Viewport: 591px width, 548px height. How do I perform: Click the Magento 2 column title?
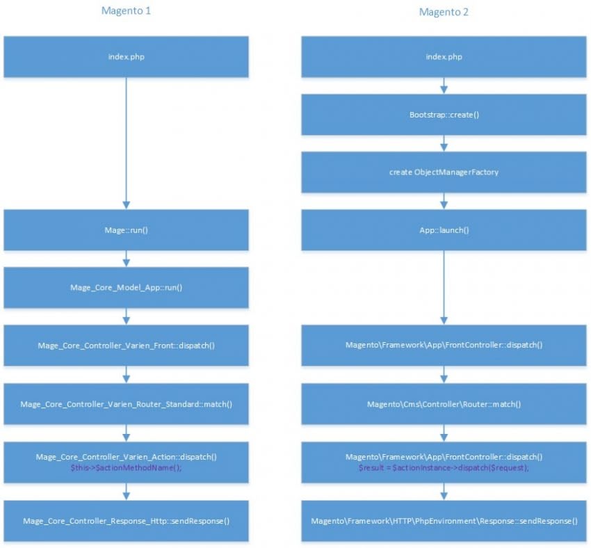444,12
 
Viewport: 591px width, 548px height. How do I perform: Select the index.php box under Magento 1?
126,56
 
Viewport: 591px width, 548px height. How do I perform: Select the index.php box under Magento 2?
444,56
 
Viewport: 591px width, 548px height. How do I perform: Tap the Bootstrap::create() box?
444,114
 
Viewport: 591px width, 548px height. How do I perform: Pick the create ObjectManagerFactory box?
444,172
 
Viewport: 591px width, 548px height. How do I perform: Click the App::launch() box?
444,229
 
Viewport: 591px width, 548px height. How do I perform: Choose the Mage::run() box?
126,229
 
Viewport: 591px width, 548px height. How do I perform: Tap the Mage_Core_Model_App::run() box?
126,287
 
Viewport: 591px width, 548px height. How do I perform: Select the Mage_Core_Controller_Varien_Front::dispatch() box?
126,345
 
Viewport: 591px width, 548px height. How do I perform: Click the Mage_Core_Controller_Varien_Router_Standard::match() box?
126,403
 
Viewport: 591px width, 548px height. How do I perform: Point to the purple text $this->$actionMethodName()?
126,467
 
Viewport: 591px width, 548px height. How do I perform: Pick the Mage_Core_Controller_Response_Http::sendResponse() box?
126,520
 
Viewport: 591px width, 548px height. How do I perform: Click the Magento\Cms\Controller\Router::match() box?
444,403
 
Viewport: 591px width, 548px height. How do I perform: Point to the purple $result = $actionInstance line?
444,467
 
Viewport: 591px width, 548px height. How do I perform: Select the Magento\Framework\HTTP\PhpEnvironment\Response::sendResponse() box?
444,520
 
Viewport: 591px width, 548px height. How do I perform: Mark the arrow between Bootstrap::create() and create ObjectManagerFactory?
444,143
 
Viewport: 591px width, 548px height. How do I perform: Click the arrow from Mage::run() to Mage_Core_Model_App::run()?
126,258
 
